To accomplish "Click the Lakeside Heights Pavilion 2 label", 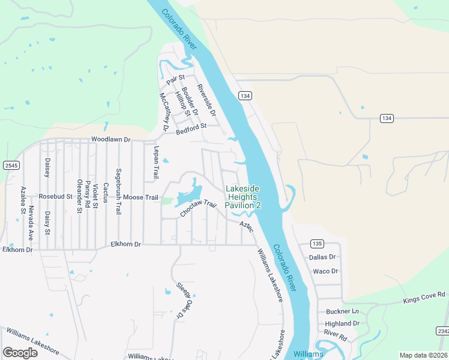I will click(243, 197).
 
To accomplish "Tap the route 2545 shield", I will click(11, 165).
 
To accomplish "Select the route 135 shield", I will click(318, 243).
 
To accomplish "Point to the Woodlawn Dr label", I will click(110, 139).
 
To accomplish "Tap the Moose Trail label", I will click(142, 197).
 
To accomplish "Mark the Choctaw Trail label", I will click(197, 208).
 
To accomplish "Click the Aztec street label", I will click(246, 227).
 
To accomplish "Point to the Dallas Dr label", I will click(321, 257).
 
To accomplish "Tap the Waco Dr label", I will click(325, 271).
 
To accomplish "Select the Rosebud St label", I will click(55, 196).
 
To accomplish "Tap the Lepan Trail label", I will click(155, 163).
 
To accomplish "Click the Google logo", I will click(20, 352).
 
